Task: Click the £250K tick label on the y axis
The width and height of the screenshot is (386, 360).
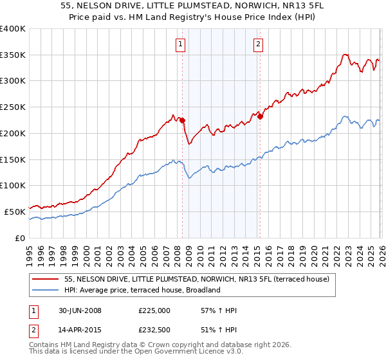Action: tap(12, 107)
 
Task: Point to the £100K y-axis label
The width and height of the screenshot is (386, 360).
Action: tap(12, 185)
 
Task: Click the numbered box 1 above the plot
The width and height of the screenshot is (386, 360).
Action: tap(179, 44)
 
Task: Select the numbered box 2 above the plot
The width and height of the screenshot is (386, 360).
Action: tap(257, 44)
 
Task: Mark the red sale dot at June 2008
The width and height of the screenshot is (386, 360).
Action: tap(182, 120)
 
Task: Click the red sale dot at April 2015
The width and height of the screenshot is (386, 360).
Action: tap(260, 116)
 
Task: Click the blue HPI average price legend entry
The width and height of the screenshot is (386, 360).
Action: tap(142, 290)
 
